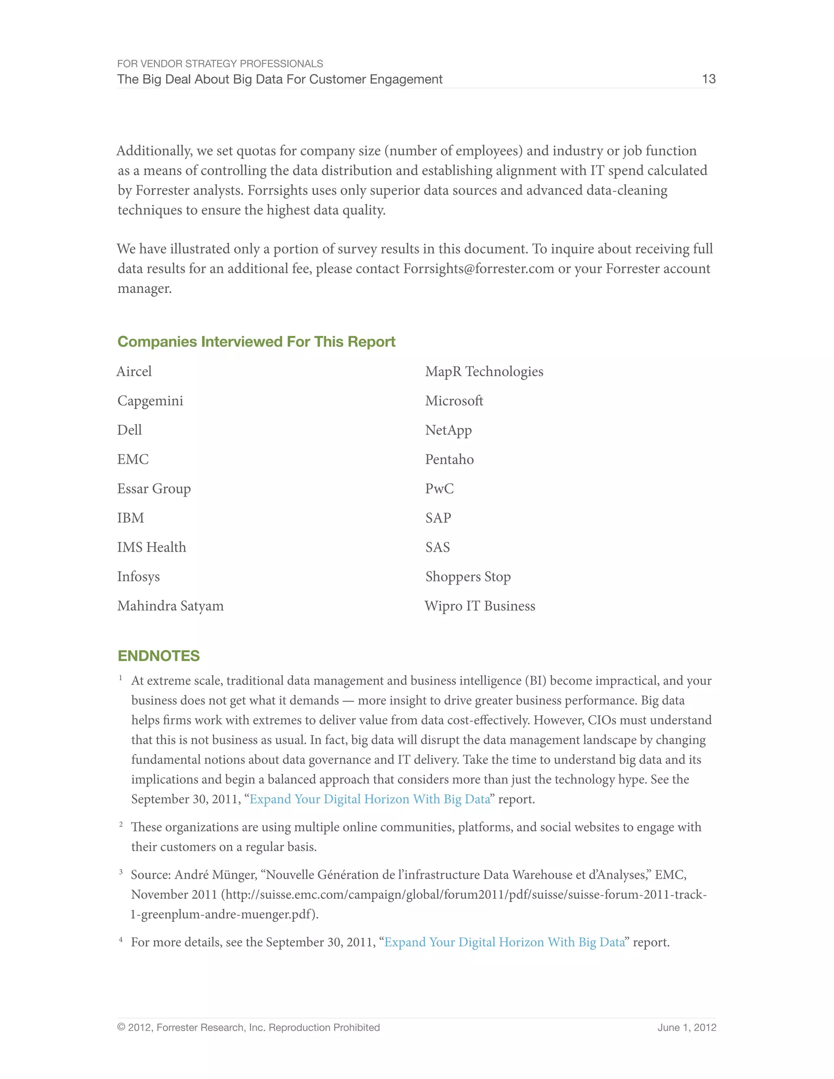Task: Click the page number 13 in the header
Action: (709, 79)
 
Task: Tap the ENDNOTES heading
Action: (158, 656)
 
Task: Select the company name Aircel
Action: (134, 371)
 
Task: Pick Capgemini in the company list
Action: (150, 401)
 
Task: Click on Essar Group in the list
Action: (154, 489)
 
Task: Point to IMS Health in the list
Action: (151, 547)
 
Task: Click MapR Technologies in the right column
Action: (484, 371)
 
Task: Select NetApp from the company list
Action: (448, 430)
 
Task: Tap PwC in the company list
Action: (439, 489)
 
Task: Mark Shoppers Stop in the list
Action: (467, 577)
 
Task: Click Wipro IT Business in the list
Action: (480, 606)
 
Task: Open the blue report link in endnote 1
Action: (370, 799)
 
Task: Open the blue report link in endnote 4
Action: (505, 942)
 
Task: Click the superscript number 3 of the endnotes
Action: (121, 872)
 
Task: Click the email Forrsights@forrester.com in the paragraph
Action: (478, 269)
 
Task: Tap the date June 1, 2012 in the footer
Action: (686, 1028)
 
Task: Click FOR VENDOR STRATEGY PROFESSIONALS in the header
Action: (220, 64)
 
